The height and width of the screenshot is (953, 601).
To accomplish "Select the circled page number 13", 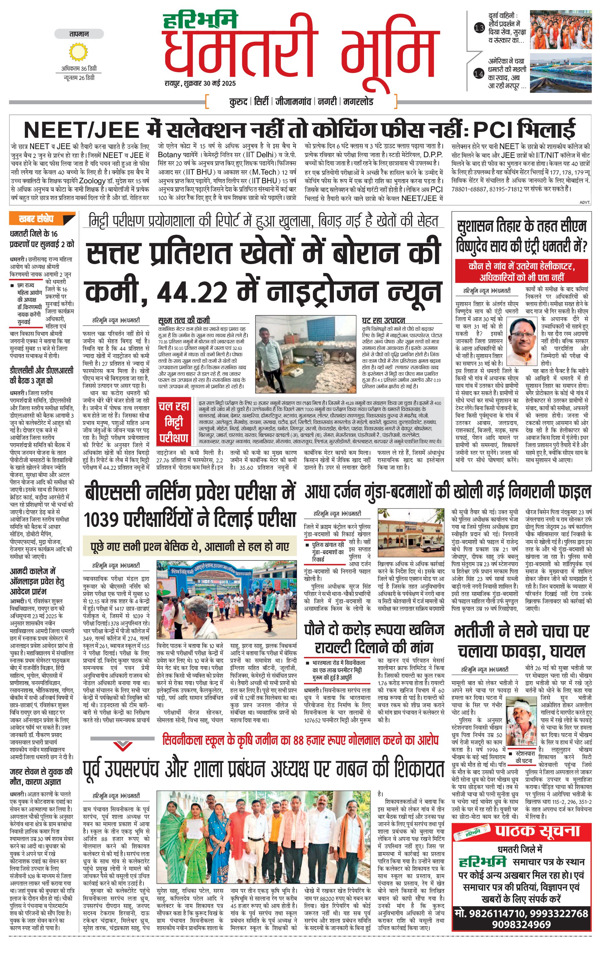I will [479, 28].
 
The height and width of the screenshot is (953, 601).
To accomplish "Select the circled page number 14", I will [479, 73].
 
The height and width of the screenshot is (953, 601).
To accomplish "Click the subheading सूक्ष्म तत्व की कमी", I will [184, 320].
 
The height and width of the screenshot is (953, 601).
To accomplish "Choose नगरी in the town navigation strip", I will [327, 102].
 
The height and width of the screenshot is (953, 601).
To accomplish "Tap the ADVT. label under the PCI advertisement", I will [584, 202].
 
